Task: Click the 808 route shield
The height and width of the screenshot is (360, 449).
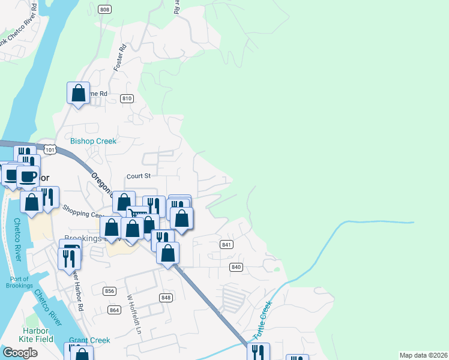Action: click(x=105, y=9)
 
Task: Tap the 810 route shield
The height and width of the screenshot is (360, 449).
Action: click(x=126, y=98)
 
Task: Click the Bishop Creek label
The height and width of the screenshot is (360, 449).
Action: click(x=93, y=141)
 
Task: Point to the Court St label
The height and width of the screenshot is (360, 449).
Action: click(x=138, y=176)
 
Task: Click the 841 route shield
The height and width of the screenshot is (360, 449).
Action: click(x=226, y=244)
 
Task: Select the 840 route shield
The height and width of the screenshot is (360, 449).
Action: click(x=236, y=266)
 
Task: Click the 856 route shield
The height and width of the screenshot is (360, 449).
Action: click(x=109, y=291)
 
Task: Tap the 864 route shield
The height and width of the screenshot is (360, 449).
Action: click(x=115, y=310)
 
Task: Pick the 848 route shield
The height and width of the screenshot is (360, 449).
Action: click(x=166, y=298)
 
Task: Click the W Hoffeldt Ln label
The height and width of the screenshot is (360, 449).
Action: click(x=134, y=314)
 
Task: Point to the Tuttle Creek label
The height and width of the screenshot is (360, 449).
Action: click(x=264, y=322)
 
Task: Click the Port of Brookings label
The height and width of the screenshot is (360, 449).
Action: click(x=21, y=282)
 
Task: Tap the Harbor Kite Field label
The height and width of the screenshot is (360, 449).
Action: click(x=35, y=335)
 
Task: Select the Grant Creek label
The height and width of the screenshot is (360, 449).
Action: click(x=89, y=340)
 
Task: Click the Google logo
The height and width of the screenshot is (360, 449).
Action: click(x=20, y=353)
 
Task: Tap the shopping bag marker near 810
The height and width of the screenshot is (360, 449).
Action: click(x=78, y=94)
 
